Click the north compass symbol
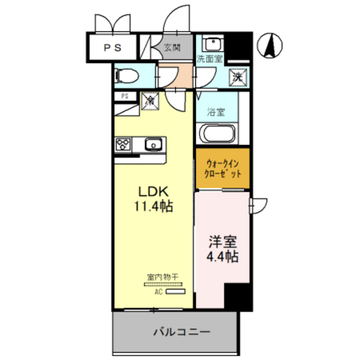tap(271, 44)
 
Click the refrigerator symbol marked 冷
tap(150, 101)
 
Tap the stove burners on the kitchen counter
tap(123, 144)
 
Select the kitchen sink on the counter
tap(152, 145)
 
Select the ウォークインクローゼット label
tap(222, 168)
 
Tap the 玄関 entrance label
tap(172, 48)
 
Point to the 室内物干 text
tap(163, 277)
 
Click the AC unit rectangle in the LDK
tap(175, 292)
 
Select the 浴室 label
tap(216, 111)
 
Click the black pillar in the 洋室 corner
tap(237, 296)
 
